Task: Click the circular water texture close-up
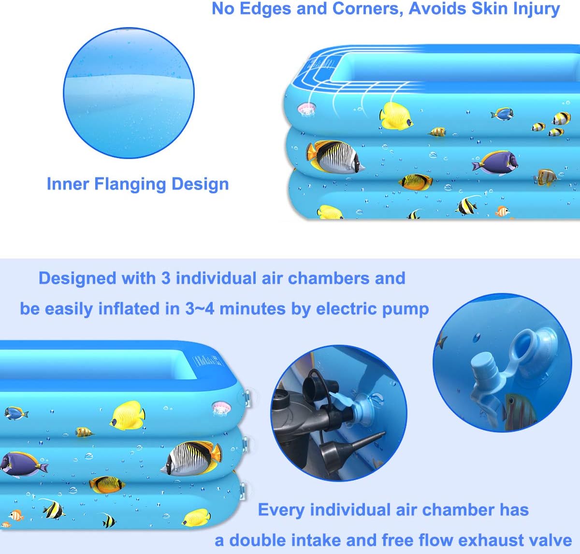click(x=129, y=92)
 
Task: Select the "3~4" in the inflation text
click(x=200, y=309)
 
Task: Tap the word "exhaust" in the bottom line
click(x=473, y=540)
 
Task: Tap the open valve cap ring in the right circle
click(x=531, y=343)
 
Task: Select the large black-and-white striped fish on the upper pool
click(x=336, y=157)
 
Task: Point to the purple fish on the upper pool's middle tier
click(x=495, y=163)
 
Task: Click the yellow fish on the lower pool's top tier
click(x=128, y=415)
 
